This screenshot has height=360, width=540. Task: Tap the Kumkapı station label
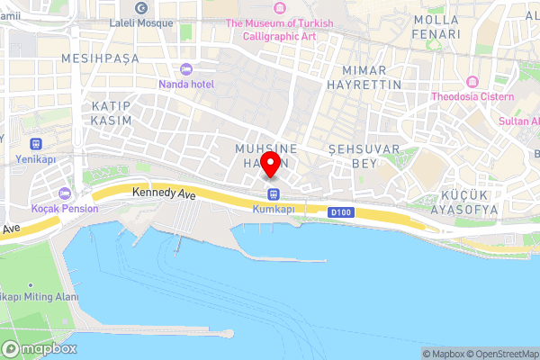[x=274, y=209]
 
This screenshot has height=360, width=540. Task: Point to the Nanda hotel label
[x=187, y=84]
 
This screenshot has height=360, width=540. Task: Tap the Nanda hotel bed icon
[x=186, y=69]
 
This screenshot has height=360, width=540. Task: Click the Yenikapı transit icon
[x=35, y=144]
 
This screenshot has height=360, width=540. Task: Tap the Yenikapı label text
[x=36, y=159]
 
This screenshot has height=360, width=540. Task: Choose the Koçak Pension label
[x=64, y=208]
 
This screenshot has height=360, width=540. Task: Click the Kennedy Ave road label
[x=163, y=193]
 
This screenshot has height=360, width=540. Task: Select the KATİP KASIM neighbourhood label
[x=112, y=112]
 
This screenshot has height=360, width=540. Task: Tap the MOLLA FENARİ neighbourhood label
[x=436, y=26]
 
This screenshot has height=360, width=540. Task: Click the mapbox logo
[x=40, y=349]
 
